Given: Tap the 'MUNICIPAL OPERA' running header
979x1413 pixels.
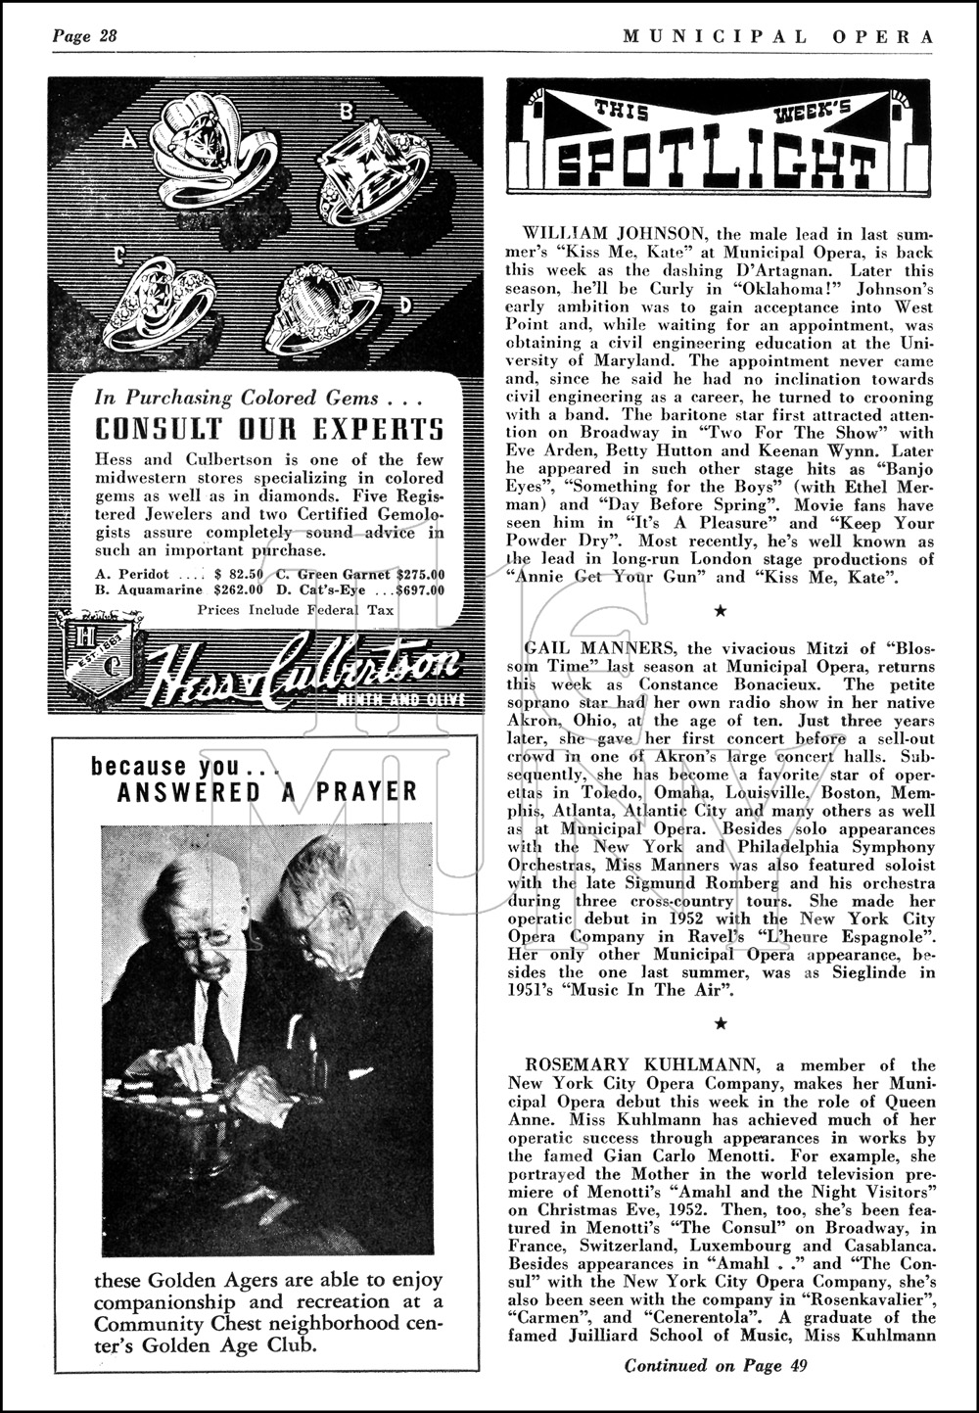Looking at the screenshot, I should coord(778,36).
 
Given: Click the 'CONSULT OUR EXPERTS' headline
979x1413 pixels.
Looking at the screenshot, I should coord(268,430).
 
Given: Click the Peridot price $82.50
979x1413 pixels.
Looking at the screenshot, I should coord(240,573).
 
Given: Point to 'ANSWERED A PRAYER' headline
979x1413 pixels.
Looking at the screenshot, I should coord(267,791).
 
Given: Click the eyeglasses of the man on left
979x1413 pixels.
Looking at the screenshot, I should coord(206,938).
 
